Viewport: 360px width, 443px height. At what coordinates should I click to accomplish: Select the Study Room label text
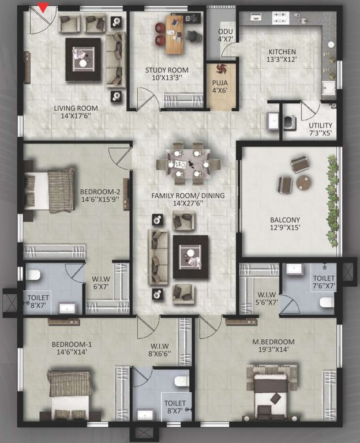click(167, 74)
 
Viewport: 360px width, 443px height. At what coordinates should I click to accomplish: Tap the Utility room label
click(320, 129)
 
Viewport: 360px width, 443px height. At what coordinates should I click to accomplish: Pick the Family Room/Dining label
click(188, 200)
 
